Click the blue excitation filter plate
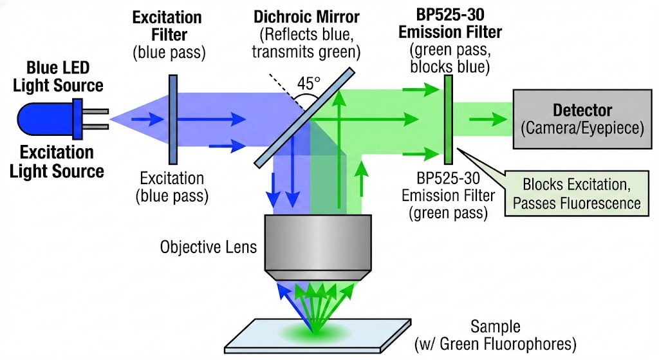tap(173, 118)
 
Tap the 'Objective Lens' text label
tap(207, 247)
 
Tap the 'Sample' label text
tap(495, 326)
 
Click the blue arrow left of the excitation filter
tap(146, 118)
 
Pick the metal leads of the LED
tap(95, 118)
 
